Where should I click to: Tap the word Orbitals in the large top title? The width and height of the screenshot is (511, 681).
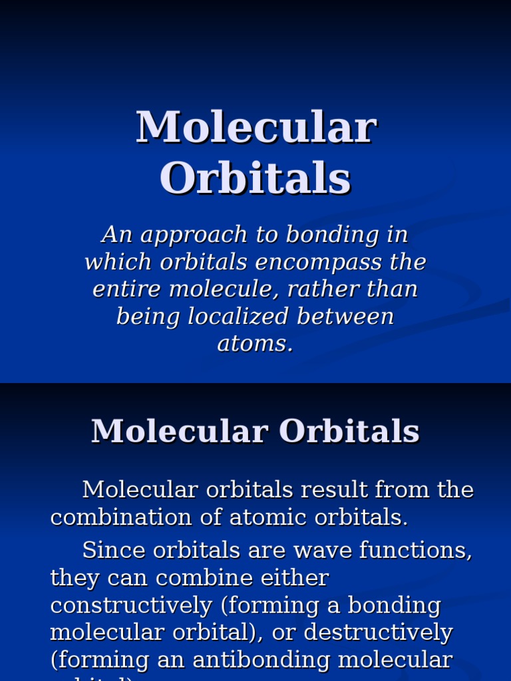[x=255, y=178]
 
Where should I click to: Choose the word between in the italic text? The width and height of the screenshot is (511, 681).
[x=345, y=317]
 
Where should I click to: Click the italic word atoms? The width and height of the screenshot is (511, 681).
[x=255, y=344]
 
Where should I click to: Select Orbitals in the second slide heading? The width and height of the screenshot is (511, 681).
[x=345, y=431]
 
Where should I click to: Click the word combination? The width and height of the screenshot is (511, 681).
[x=115, y=517]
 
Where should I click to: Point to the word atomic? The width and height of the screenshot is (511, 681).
[x=254, y=517]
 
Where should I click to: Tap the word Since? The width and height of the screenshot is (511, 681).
[x=109, y=551]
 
